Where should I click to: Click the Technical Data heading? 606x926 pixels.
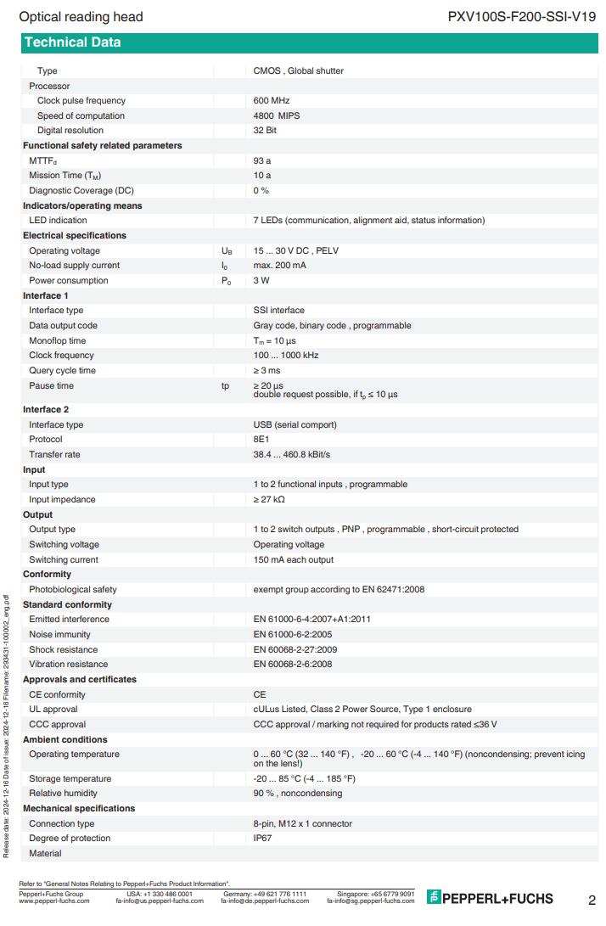tap(72, 42)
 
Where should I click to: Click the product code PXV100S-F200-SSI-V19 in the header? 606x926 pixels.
tap(521, 16)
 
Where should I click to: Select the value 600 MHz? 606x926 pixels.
tap(272, 101)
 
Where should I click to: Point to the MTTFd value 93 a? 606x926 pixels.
tap(262, 160)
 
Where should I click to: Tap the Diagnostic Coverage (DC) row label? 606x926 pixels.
tap(81, 190)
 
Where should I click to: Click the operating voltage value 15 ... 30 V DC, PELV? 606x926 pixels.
tap(295, 251)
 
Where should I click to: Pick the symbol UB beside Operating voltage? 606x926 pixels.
tap(226, 251)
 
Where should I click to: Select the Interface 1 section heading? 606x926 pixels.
tap(46, 295)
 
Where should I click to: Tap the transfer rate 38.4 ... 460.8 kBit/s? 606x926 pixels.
tap(293, 455)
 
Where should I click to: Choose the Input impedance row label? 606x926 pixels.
tap(62, 500)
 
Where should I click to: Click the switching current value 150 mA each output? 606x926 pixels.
tap(293, 560)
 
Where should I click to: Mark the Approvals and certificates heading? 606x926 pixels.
tap(79, 680)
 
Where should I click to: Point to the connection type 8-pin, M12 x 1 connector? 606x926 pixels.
tap(302, 824)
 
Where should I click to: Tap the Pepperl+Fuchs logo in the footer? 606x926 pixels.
tap(491, 898)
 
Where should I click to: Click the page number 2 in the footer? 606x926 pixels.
tap(591, 900)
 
